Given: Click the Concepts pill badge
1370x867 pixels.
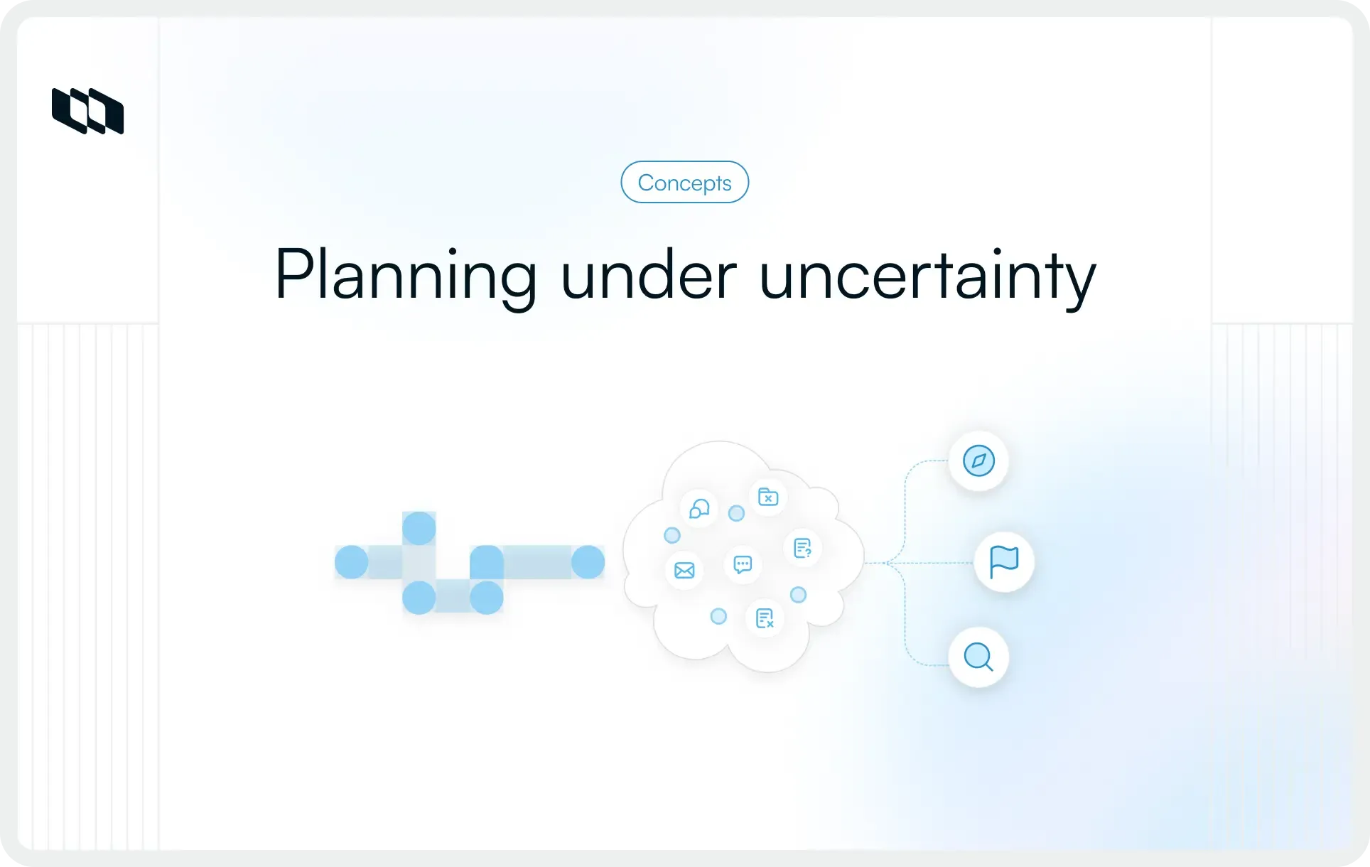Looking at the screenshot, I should click(x=684, y=183).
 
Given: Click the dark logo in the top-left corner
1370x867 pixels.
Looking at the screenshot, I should click(x=87, y=111).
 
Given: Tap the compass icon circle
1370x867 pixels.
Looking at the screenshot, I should click(x=978, y=461).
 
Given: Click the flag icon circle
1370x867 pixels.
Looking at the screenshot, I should click(x=1003, y=562).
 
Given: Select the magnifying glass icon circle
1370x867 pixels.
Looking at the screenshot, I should click(x=978, y=657).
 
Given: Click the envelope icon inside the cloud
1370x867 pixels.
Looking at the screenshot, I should click(x=684, y=570).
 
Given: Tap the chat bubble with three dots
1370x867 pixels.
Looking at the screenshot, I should click(x=743, y=565).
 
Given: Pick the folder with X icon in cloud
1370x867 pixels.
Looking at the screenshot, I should click(x=768, y=497).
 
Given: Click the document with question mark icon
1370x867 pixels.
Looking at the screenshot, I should click(x=802, y=548).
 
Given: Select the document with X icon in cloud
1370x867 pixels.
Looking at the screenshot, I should click(x=765, y=618).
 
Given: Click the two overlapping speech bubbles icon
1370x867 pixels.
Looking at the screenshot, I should click(x=699, y=509).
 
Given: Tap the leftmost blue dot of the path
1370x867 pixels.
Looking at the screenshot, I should click(x=351, y=562).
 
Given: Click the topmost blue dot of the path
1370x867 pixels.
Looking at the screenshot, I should click(x=419, y=528).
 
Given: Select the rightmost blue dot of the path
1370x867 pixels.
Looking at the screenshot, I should click(x=588, y=562).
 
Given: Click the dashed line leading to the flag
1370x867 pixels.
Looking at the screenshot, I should click(x=931, y=564).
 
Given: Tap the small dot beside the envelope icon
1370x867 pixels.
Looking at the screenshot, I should click(x=671, y=535).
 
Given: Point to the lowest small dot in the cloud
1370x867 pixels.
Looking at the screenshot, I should click(x=718, y=616).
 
